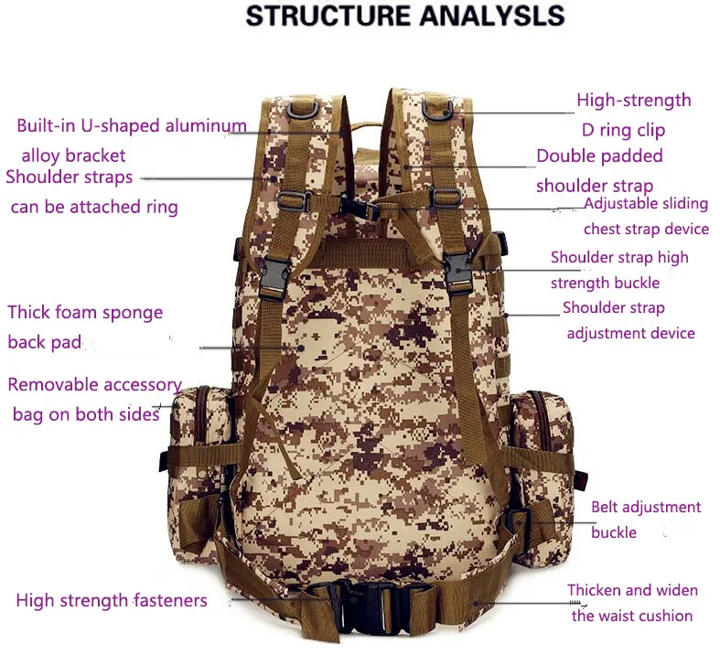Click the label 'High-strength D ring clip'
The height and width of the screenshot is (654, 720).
[633, 114]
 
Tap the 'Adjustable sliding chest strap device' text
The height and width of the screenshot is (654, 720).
[646, 216]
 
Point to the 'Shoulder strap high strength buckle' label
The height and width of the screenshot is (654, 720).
[618, 270]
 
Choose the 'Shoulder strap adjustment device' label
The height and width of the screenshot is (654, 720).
[629, 320]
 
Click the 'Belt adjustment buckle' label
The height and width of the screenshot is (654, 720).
[645, 519]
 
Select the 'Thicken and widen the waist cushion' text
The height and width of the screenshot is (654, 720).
[632, 603]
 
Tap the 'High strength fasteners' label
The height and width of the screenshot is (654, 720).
[112, 601]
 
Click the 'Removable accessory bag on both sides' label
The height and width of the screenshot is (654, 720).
[94, 400]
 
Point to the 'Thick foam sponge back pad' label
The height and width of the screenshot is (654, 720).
[85, 327]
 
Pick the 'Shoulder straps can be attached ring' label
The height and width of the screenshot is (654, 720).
[91, 192]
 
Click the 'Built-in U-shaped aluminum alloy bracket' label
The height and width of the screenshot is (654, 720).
[131, 140]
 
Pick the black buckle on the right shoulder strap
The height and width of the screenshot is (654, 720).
[457, 272]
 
